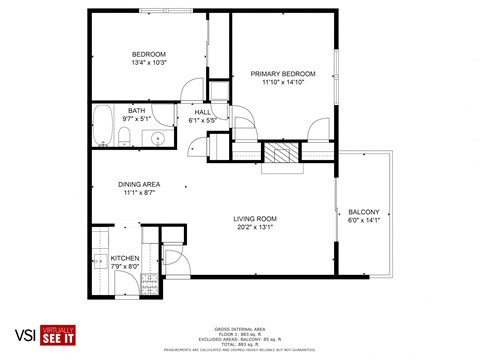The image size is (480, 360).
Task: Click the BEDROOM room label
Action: pos(149,54)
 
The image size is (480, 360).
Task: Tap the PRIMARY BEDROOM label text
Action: pos(283,74)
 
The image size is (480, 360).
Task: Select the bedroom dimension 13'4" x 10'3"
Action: pos(149,63)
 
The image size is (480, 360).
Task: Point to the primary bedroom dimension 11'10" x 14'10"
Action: pos(283,83)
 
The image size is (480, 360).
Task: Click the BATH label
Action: pos(135,111)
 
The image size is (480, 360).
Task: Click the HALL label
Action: pos(202,112)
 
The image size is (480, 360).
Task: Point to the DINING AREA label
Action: pos(139,183)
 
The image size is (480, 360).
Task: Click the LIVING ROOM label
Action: pos(255,218)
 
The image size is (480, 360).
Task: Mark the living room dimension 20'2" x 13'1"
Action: pos(255,227)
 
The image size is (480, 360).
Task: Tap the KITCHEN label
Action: pos(125,258)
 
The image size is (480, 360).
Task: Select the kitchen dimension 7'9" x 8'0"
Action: pos(125,267)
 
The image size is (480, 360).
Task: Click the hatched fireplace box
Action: pos(280,153)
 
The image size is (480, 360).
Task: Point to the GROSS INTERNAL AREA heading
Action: pos(239,328)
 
